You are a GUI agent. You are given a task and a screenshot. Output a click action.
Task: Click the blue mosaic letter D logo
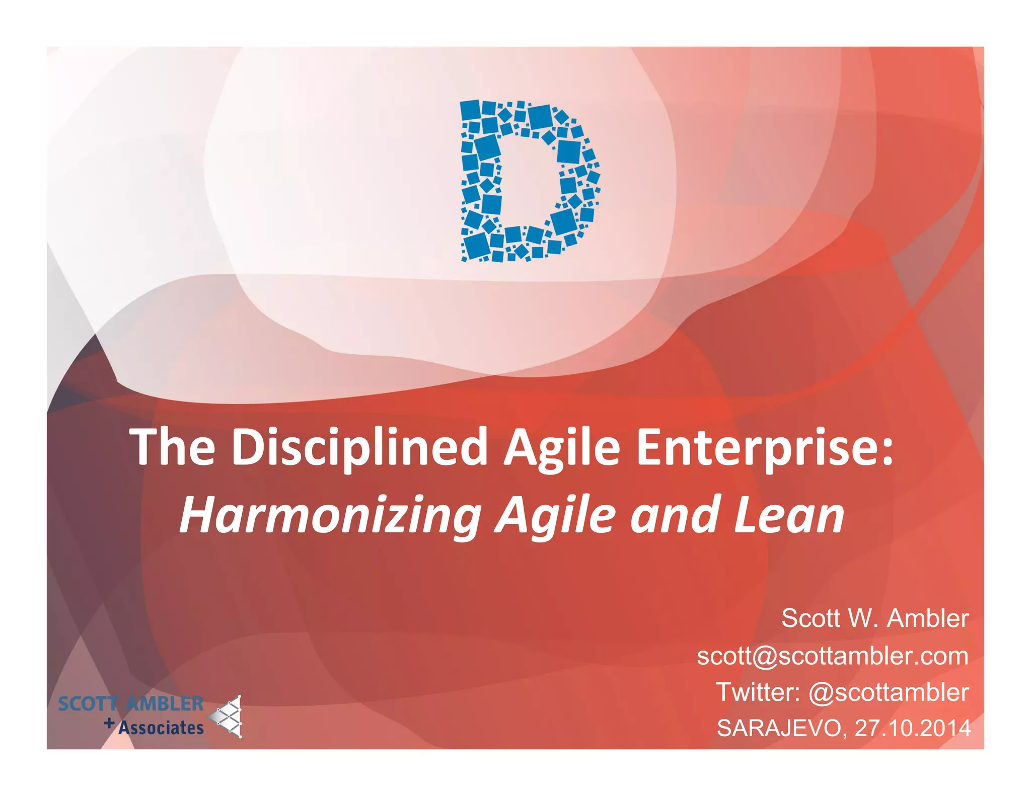pyautogui.click(x=529, y=181)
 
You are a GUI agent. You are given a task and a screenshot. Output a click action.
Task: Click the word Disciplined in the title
pyautogui.click(x=359, y=447)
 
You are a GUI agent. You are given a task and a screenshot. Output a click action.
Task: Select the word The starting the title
pyautogui.click(x=173, y=447)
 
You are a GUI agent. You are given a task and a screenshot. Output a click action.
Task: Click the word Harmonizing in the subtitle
pyautogui.click(x=330, y=515)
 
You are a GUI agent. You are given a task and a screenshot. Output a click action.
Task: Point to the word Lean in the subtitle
pyautogui.click(x=788, y=515)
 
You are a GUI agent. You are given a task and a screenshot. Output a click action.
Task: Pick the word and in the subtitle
pyautogui.click(x=674, y=515)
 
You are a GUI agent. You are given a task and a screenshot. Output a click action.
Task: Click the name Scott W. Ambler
pyautogui.click(x=874, y=618)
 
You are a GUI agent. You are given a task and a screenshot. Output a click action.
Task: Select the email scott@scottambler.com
pyautogui.click(x=832, y=656)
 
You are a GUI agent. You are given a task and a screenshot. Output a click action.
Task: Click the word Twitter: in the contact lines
pyautogui.click(x=758, y=692)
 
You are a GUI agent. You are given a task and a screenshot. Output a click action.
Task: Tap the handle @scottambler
pyautogui.click(x=888, y=693)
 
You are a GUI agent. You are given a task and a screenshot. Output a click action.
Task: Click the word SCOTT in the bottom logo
pyautogui.click(x=88, y=704)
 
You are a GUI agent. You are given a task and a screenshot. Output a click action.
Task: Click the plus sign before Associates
pyautogui.click(x=109, y=724)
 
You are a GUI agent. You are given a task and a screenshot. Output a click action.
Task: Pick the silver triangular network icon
pyautogui.click(x=228, y=717)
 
